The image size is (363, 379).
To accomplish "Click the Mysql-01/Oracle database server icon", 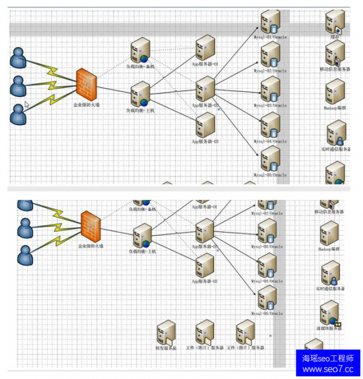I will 269,22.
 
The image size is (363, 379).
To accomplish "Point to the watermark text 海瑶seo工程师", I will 327,358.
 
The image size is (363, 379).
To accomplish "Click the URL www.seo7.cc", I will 327,369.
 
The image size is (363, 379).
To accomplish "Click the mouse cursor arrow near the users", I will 27,104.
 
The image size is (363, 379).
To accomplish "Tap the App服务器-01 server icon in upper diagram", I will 204,48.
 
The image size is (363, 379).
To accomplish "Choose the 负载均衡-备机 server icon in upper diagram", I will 141,50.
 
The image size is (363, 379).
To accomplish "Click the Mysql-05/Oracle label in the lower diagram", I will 267,314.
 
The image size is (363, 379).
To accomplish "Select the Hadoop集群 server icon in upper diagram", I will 335,91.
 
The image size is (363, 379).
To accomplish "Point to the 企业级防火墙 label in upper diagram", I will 86,105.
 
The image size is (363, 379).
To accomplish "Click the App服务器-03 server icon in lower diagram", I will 204,265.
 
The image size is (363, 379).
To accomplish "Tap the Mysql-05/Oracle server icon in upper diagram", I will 270,158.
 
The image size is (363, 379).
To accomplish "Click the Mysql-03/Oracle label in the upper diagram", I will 270,105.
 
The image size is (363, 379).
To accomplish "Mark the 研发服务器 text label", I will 165,348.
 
